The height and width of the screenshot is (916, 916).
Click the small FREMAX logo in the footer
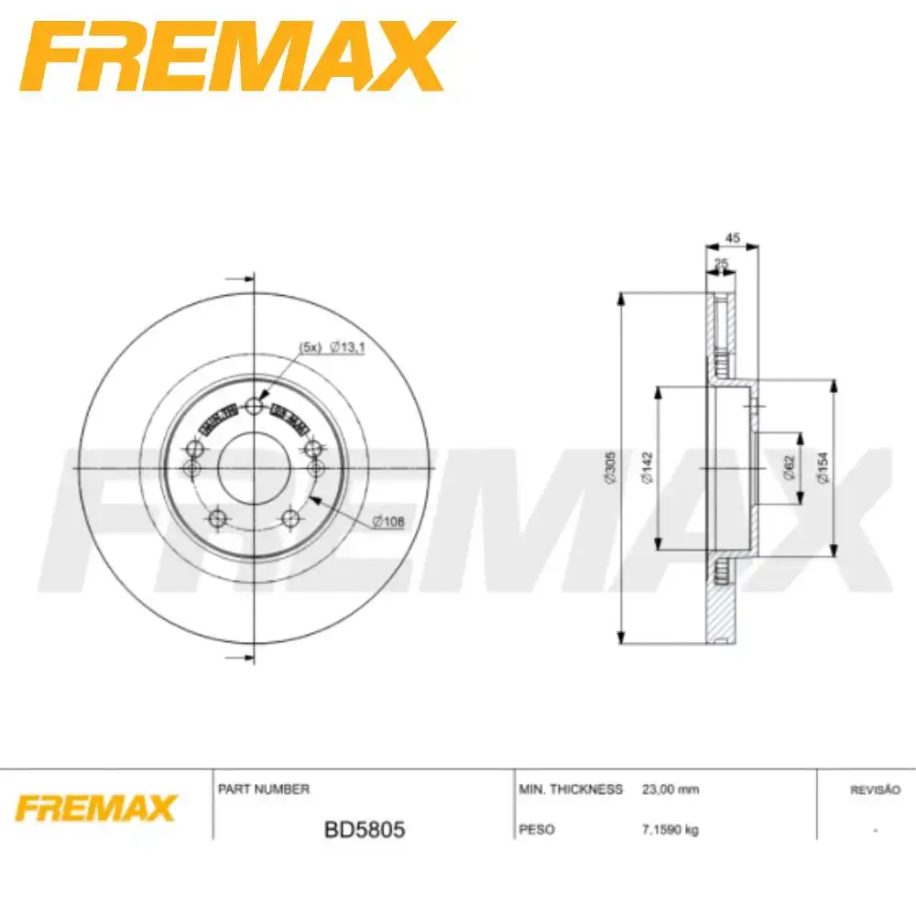tap(94, 809)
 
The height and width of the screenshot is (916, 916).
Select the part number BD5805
tap(365, 831)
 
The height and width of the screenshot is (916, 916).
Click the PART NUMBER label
tap(264, 789)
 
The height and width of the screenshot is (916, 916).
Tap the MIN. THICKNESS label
tap(571, 789)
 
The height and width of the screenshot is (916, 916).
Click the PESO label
tap(537, 830)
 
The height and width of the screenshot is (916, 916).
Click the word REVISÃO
tap(876, 789)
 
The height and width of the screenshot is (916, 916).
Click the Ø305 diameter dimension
tap(607, 469)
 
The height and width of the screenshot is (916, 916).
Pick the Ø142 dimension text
tap(646, 468)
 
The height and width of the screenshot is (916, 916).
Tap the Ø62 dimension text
tap(789, 468)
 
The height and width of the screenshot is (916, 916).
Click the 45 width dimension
tap(732, 238)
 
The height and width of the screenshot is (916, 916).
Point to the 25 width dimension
tap(721, 264)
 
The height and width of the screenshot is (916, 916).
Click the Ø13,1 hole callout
tap(346, 346)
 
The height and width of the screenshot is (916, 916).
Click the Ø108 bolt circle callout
tap(388, 522)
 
